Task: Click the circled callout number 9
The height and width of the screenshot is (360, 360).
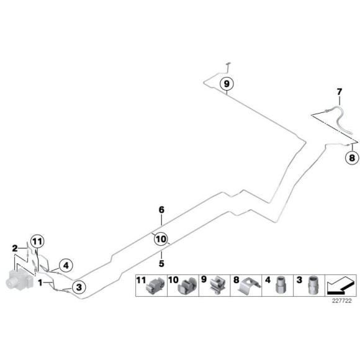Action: pyautogui.click(x=227, y=84)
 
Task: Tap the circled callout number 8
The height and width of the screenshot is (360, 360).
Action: pyautogui.click(x=352, y=158)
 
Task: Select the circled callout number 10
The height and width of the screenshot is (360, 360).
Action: pyautogui.click(x=161, y=239)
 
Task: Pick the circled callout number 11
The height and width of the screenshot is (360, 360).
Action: pyautogui.click(x=38, y=241)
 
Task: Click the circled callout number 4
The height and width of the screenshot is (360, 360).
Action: pyautogui.click(x=66, y=266)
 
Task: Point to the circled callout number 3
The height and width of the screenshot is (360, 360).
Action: pyautogui.click(x=79, y=287)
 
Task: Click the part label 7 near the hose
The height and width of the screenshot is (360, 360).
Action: pyautogui.click(x=340, y=92)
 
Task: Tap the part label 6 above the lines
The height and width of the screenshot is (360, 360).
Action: pyautogui.click(x=161, y=210)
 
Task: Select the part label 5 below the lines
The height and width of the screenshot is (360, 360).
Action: pyautogui.click(x=161, y=263)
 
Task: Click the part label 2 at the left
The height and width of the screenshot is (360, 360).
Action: pyautogui.click(x=15, y=248)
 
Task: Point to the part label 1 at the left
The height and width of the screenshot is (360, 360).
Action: pyautogui.click(x=40, y=282)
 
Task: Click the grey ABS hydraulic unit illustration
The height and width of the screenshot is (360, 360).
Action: pyautogui.click(x=19, y=279)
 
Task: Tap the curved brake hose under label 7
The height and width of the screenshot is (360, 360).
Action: pyautogui.click(x=340, y=119)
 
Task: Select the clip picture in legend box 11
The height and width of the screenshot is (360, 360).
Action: pyautogui.click(x=155, y=286)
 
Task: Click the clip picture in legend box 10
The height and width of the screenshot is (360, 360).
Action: pyautogui.click(x=187, y=286)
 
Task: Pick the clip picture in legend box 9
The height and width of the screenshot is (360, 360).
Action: pyautogui.click(x=218, y=286)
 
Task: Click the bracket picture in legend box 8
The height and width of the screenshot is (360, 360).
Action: pyautogui.click(x=250, y=286)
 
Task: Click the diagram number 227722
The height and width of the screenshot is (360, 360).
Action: pyautogui.click(x=342, y=301)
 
